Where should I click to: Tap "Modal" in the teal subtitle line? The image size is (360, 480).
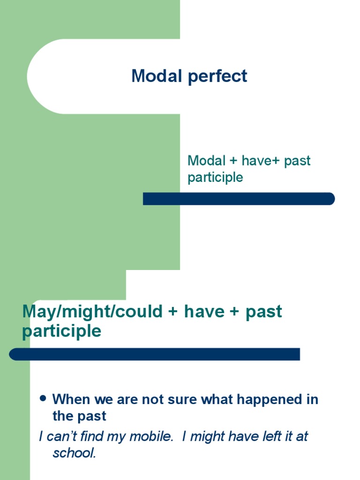(x=206, y=161)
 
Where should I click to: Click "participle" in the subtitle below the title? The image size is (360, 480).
(x=215, y=178)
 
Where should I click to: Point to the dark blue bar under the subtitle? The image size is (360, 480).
(x=239, y=199)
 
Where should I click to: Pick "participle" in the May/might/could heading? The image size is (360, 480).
(x=61, y=331)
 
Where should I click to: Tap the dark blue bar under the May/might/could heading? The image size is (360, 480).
(x=155, y=354)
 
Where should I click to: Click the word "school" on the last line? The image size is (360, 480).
(x=74, y=453)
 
